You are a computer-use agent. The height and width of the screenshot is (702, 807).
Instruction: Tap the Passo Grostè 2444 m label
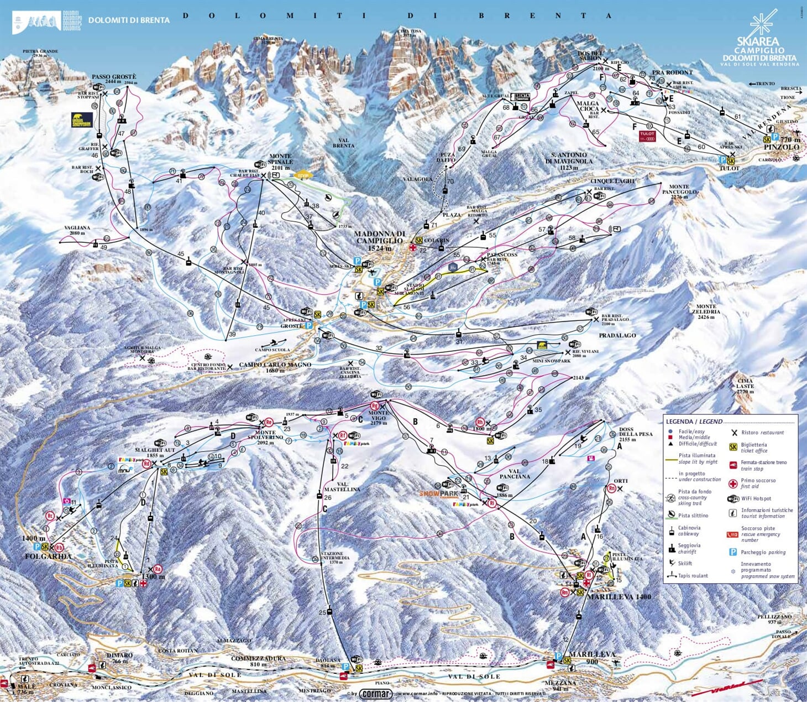[x=114, y=80]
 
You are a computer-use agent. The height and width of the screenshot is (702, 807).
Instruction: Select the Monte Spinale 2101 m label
[x=280, y=162]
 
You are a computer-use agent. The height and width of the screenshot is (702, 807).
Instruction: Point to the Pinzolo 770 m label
[x=782, y=144]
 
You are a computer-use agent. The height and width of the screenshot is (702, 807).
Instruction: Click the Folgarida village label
[x=48, y=556]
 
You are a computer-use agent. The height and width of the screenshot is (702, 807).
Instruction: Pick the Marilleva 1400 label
[x=619, y=597]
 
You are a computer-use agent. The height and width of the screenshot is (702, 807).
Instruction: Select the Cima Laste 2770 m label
[x=745, y=386]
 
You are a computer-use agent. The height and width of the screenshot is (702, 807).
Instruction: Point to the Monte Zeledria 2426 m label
[x=706, y=312]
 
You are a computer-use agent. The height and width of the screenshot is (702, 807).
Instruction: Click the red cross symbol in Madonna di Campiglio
[x=412, y=248]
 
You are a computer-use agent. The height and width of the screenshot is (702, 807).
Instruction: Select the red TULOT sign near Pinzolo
[x=647, y=136]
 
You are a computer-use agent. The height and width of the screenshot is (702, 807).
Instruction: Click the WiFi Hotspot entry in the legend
[x=756, y=498]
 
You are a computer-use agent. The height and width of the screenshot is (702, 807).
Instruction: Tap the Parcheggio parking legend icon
[x=733, y=552]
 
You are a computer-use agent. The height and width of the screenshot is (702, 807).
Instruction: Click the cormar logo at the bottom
[x=376, y=694]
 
